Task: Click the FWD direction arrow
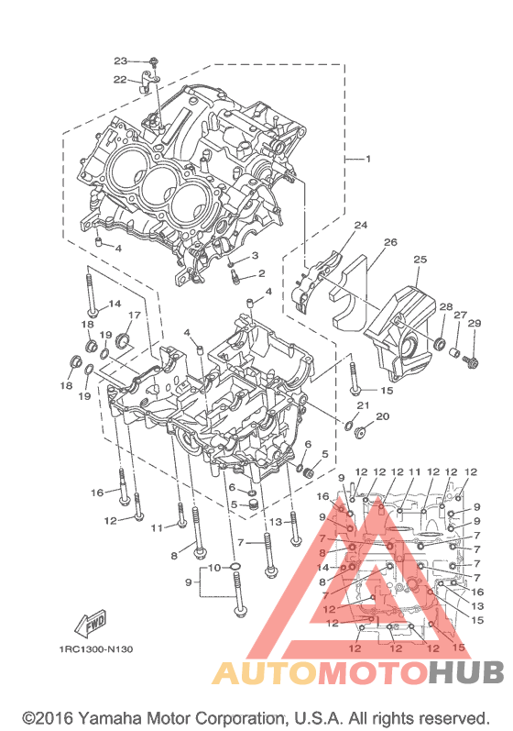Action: (x=91, y=625)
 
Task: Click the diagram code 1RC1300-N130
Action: (x=96, y=649)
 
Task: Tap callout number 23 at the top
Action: (x=121, y=61)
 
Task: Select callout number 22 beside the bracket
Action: (x=120, y=80)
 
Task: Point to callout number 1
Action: (x=368, y=159)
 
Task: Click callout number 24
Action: (x=361, y=226)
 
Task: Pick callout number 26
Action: (x=390, y=242)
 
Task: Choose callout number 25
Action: (x=420, y=260)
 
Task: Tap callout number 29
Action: (x=475, y=323)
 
